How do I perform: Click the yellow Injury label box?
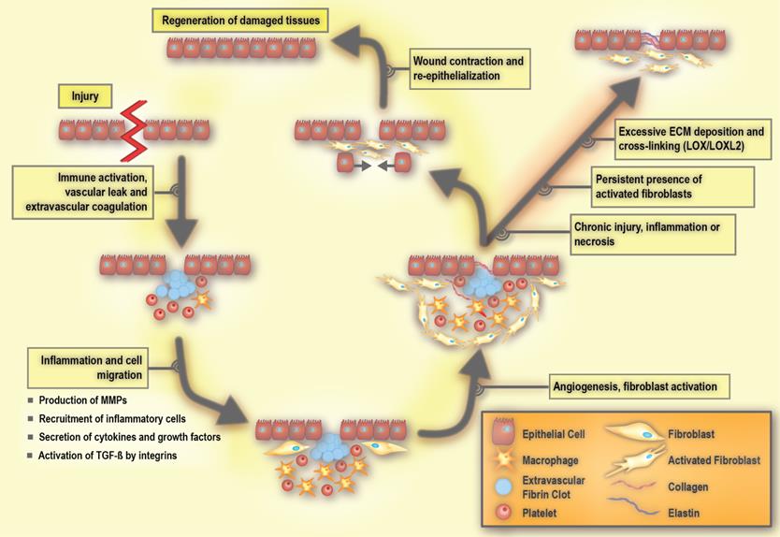pyautogui.click(x=85, y=95)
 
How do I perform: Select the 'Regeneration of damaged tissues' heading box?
pyautogui.click(x=240, y=20)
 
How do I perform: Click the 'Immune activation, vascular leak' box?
pyautogui.click(x=84, y=193)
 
